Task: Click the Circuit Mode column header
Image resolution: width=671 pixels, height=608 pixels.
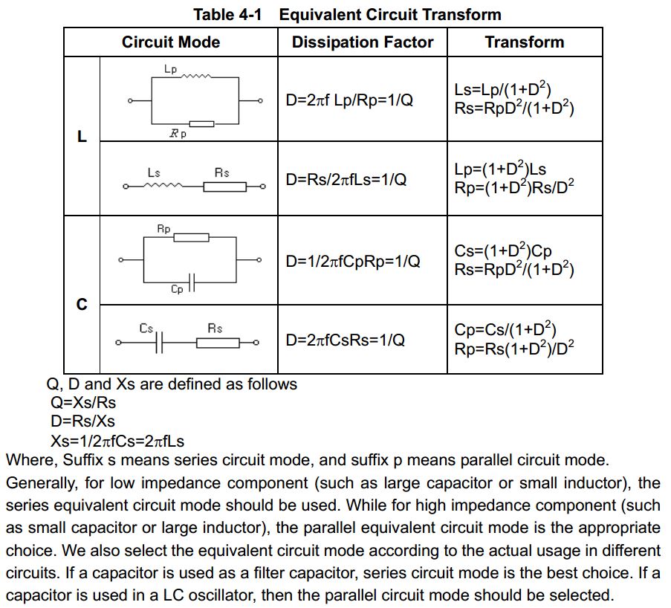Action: (171, 42)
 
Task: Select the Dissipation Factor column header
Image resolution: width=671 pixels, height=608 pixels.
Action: (363, 42)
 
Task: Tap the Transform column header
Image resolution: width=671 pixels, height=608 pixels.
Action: (525, 42)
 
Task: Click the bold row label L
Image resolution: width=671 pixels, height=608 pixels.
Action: (82, 137)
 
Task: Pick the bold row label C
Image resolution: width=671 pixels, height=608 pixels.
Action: (82, 305)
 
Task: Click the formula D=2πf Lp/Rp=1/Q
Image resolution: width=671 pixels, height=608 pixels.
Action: (349, 100)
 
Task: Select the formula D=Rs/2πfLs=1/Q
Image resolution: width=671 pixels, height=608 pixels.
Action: (346, 179)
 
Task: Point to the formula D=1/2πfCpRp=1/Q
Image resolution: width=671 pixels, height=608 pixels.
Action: (353, 261)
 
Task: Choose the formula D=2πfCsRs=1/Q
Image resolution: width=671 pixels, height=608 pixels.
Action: (346, 340)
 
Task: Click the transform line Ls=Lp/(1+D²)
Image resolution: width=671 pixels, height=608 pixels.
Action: (503, 89)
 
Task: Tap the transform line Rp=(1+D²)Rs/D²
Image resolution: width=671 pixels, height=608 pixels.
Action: (514, 187)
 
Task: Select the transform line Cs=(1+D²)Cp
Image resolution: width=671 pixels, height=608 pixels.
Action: (503, 250)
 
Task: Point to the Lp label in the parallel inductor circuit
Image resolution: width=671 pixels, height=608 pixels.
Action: (170, 69)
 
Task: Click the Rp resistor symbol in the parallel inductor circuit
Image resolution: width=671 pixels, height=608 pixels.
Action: (201, 123)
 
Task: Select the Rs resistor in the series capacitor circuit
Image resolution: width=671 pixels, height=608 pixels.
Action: (218, 343)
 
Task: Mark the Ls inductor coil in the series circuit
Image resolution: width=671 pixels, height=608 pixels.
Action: (163, 185)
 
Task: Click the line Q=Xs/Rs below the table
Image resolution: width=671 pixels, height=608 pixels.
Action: (83, 402)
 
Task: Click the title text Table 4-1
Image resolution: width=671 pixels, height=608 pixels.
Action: (227, 15)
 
